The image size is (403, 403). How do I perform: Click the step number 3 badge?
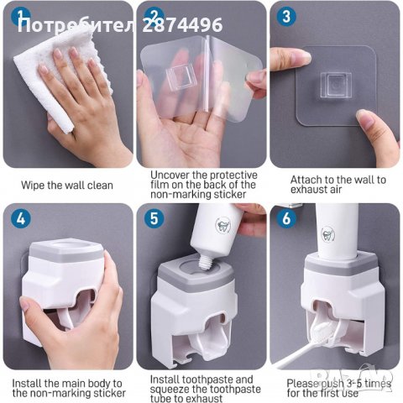[x=286, y=17]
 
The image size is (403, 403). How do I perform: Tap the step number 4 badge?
[x=21, y=218]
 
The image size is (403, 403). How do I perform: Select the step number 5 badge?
[x=154, y=218]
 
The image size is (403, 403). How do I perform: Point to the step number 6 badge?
[x=286, y=218]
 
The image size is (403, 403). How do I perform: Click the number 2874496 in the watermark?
[x=182, y=24]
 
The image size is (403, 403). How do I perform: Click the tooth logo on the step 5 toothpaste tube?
[x=222, y=224]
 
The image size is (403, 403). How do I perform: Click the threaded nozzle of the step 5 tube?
[x=206, y=262]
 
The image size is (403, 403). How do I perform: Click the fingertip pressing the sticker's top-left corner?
[x=304, y=58]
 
